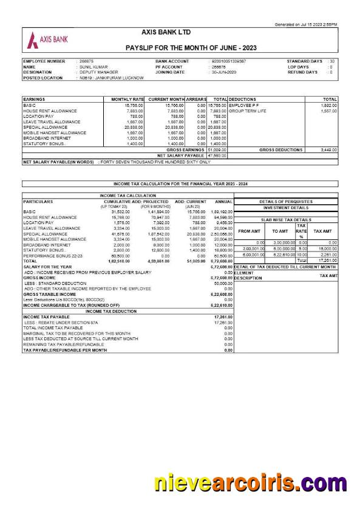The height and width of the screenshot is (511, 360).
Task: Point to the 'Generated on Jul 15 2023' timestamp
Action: point(306,24)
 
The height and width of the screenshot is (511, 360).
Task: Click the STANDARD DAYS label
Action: point(305,61)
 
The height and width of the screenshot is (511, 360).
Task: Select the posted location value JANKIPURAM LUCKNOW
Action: point(111,78)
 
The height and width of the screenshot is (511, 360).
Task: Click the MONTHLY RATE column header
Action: point(127,99)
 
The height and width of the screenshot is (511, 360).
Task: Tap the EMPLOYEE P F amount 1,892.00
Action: point(328,106)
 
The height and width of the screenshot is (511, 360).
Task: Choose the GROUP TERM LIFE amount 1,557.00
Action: point(328,111)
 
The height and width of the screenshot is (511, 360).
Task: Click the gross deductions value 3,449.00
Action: point(328,149)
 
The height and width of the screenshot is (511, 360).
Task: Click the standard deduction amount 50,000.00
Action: point(223,283)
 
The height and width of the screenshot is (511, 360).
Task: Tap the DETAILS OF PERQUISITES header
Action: point(285,201)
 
